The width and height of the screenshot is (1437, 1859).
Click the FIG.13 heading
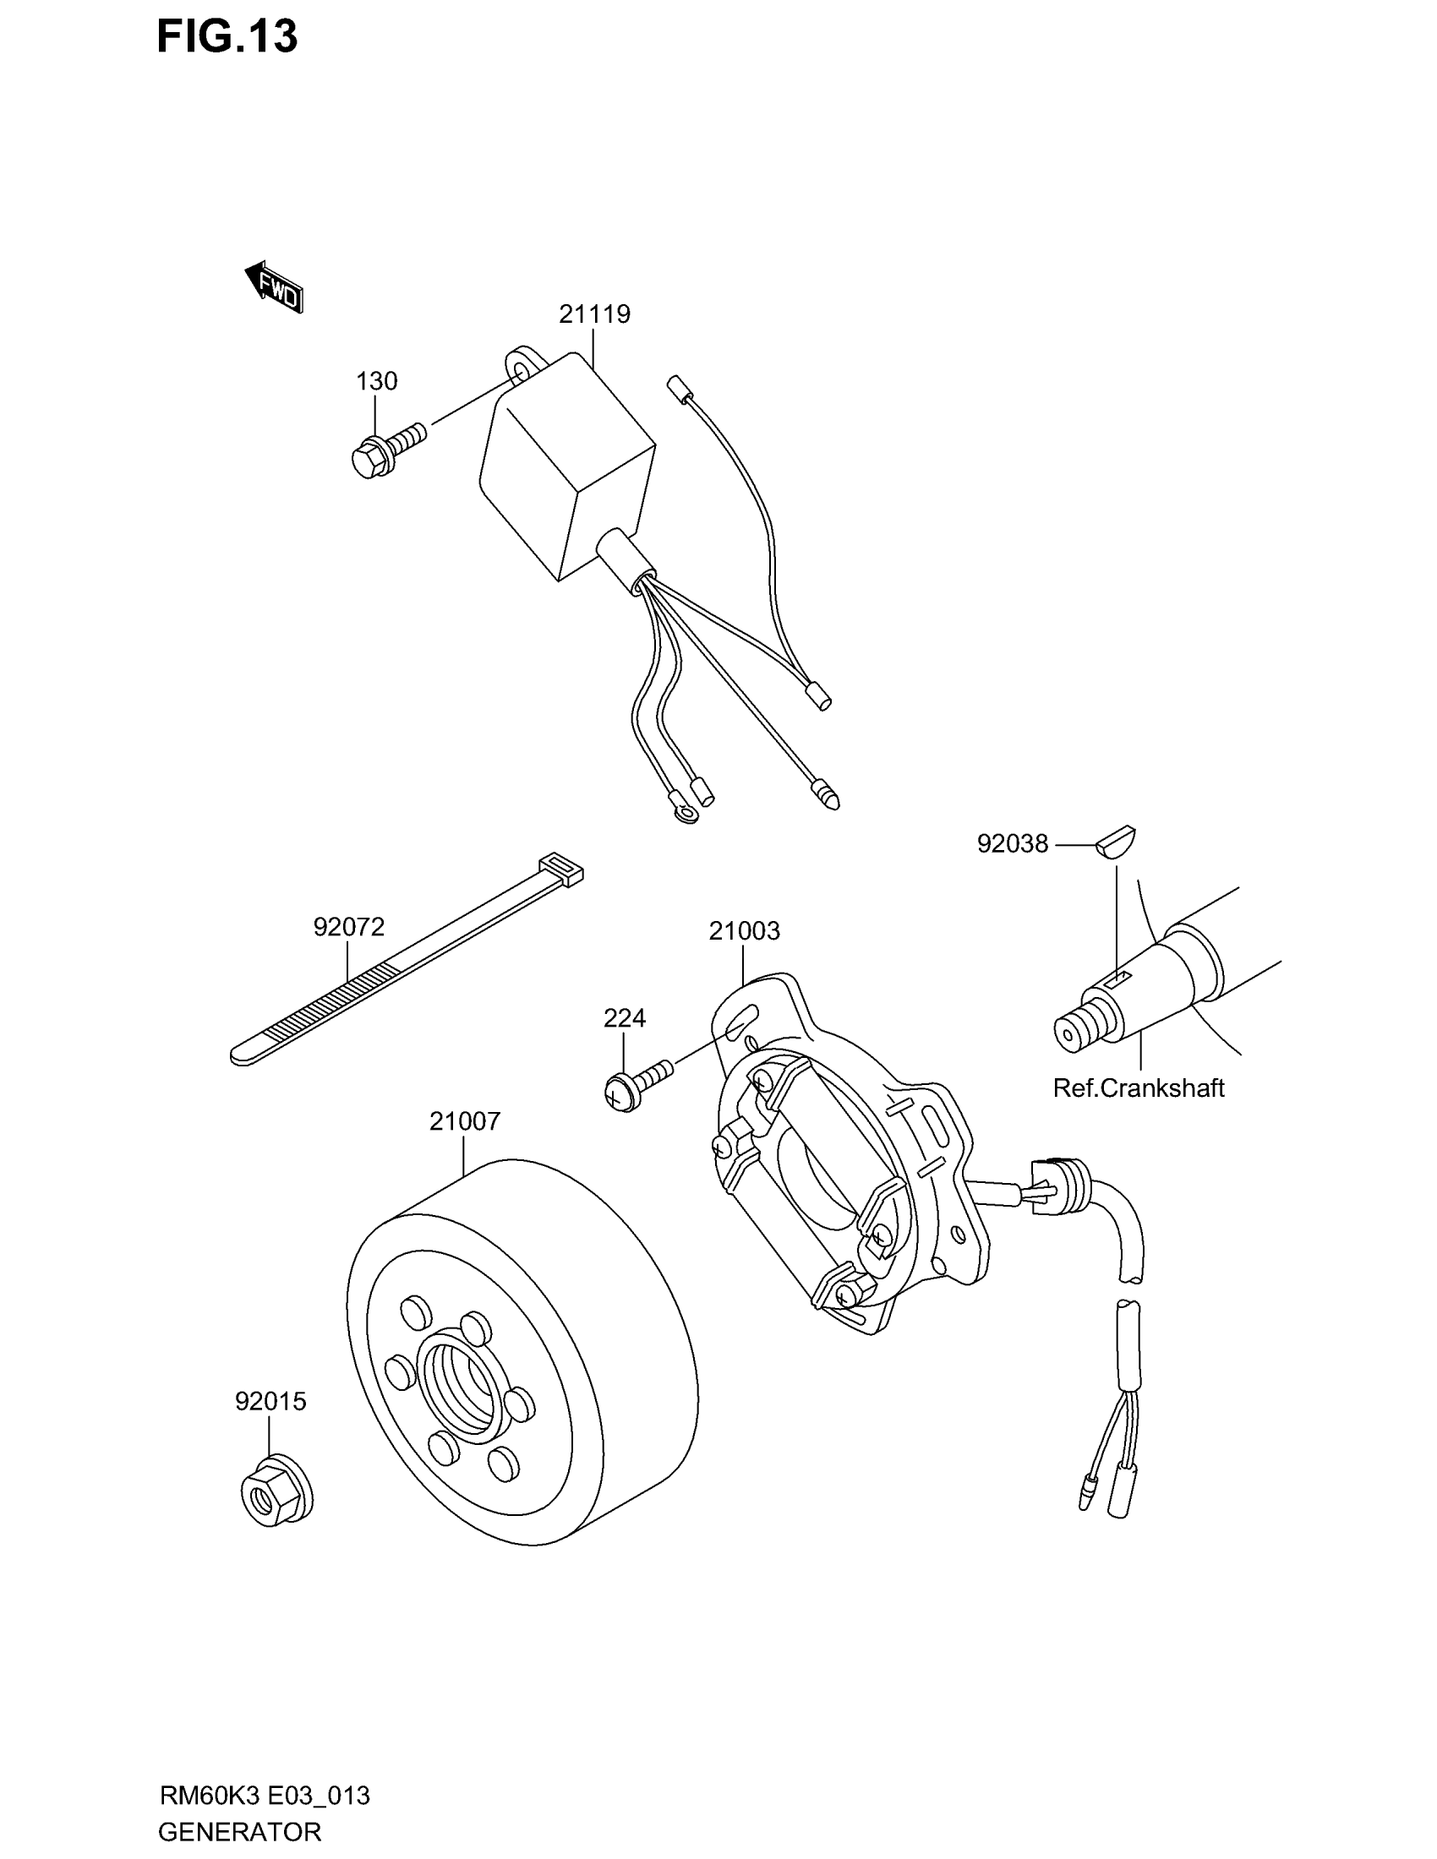click(227, 36)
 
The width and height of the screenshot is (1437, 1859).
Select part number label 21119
click(594, 315)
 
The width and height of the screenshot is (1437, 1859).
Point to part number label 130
click(376, 381)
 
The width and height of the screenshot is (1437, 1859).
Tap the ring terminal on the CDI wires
click(684, 806)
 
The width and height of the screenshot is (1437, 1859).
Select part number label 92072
click(349, 927)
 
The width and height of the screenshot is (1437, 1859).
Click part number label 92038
click(1012, 844)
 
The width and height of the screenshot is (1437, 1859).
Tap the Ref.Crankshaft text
click(1139, 1088)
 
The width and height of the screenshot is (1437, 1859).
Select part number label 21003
click(744, 931)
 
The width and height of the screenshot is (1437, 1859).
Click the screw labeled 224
click(634, 1083)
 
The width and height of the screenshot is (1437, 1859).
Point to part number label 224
click(625, 1018)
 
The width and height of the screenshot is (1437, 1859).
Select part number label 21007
click(465, 1122)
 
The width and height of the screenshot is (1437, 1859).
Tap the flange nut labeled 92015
click(275, 1496)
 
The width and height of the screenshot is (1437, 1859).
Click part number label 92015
click(270, 1401)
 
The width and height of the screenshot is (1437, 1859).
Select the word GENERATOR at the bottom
click(239, 1832)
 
